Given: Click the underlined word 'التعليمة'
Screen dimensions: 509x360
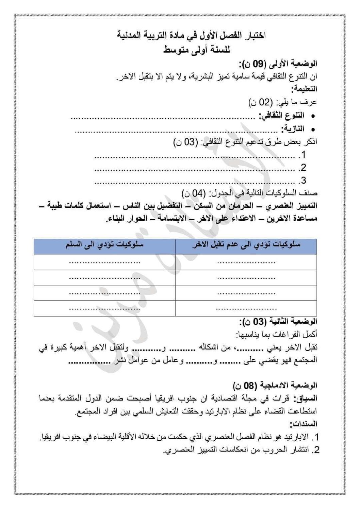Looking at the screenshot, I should (304, 89).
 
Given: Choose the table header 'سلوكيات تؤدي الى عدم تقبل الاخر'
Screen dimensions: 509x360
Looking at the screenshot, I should (246, 246).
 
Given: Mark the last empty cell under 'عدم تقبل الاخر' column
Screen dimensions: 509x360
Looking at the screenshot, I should (246, 308).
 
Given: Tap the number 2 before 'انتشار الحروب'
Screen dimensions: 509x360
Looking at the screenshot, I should (316, 450).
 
